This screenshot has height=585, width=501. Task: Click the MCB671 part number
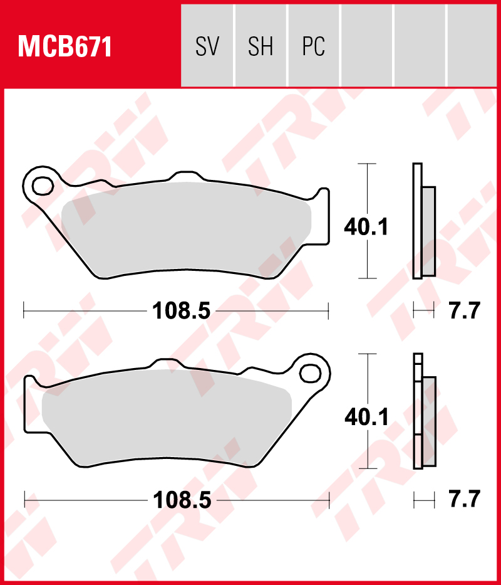[x=65, y=47]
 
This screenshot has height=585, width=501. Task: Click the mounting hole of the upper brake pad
[x=43, y=186]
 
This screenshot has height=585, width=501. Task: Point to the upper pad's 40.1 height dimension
[x=366, y=226]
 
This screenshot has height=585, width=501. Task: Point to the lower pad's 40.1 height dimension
[x=366, y=417]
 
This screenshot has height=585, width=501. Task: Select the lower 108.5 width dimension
[x=182, y=500]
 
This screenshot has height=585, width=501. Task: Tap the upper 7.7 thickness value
[x=464, y=310]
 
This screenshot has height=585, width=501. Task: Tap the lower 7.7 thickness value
[x=464, y=500]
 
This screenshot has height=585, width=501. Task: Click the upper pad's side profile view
[x=423, y=221]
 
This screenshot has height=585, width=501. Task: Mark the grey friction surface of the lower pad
[x=166, y=414]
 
